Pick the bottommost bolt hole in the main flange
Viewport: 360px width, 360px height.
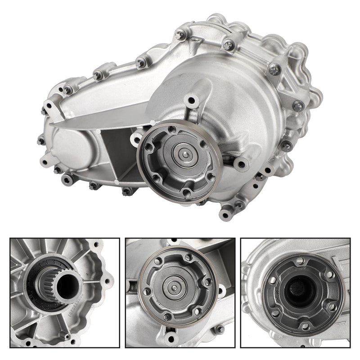pos(185,193)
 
